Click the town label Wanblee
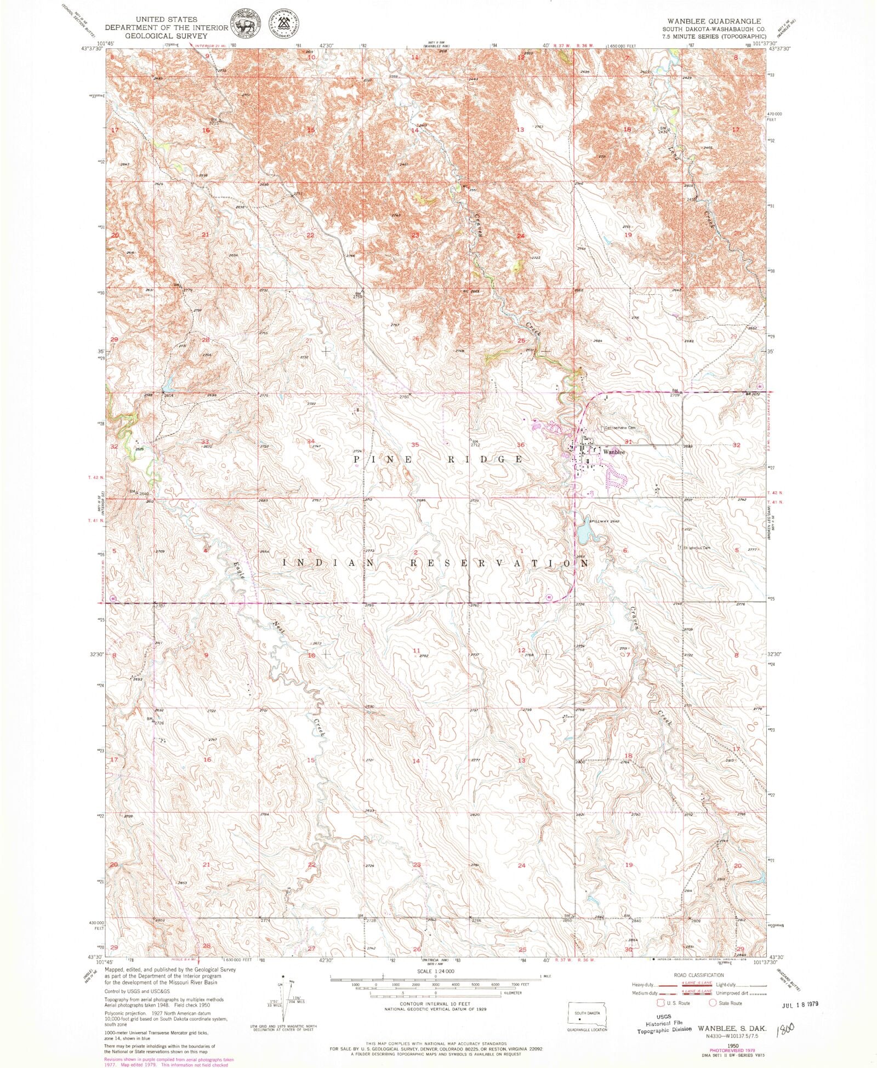614,453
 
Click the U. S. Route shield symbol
661,1003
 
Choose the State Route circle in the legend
713,1003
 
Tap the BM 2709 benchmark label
675,393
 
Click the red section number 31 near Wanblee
628,442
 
